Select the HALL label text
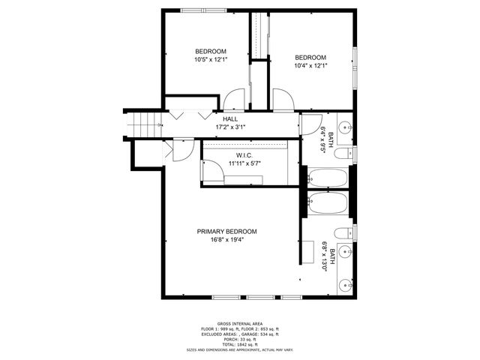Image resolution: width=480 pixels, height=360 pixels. click(231, 119)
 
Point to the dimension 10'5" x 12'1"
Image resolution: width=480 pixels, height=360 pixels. click(210, 60)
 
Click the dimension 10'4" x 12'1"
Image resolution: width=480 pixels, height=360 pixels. click(310, 66)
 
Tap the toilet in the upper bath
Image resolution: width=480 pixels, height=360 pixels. click(342, 154)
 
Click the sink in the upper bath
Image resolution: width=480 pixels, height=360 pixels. click(346, 127)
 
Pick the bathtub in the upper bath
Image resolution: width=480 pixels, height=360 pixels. click(328, 178)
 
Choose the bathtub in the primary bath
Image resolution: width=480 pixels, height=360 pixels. click(328, 203)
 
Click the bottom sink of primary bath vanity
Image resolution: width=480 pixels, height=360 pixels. click(346, 285)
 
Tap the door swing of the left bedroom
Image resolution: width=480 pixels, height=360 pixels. click(233, 99)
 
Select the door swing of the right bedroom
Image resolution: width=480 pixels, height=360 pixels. click(283, 99)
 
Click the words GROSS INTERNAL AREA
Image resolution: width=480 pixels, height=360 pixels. click(239, 324)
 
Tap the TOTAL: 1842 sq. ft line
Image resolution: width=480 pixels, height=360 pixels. click(239, 343)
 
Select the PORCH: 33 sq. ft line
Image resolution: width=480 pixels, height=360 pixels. click(239, 339)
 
